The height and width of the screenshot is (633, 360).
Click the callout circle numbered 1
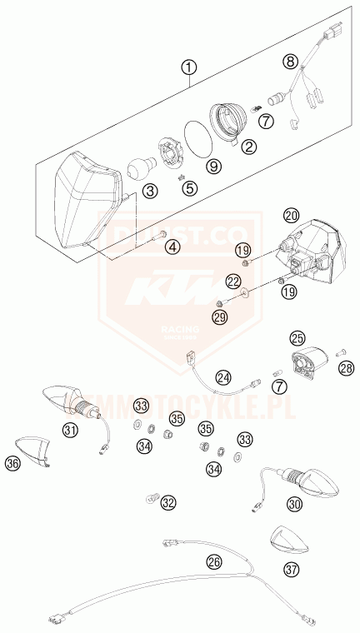190,69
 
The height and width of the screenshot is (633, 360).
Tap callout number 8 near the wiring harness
290,62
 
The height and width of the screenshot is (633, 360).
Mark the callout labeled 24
223,377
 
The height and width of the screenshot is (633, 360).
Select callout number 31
70,430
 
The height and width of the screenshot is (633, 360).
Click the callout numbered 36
12,464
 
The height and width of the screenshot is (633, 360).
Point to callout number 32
169,502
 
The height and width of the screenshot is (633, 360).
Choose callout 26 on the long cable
215,562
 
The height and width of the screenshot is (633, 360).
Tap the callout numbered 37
290,571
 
